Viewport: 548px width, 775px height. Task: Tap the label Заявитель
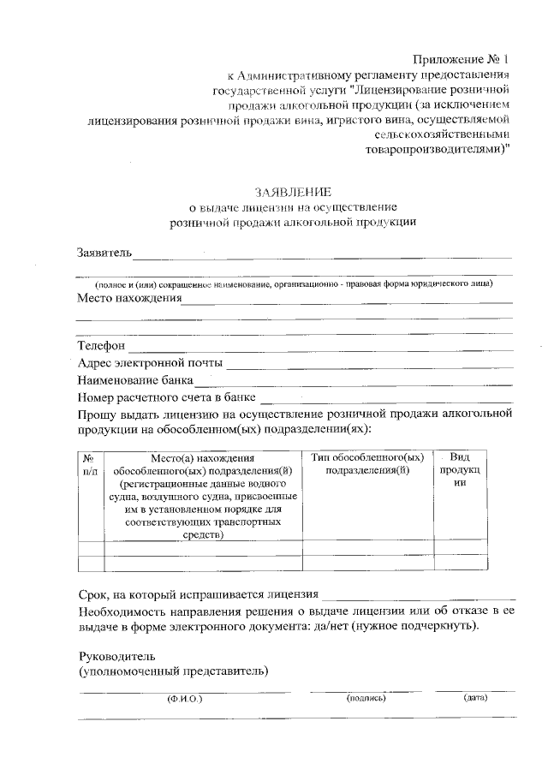pyautogui.click(x=104, y=253)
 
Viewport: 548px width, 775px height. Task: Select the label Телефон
pyautogui.click(x=102, y=346)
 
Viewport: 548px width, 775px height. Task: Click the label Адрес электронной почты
pyautogui.click(x=150, y=363)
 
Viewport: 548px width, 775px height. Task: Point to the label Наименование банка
pyautogui.click(x=135, y=380)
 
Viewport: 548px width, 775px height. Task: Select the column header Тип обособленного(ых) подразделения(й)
pyautogui.click(x=368, y=464)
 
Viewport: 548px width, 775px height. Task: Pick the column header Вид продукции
pyautogui.click(x=460, y=470)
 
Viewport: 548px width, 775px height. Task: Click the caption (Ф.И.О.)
pyautogui.click(x=184, y=699)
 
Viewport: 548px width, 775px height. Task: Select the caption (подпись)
pyautogui.click(x=366, y=698)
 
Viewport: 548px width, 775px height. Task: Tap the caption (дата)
pyautogui.click(x=475, y=698)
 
